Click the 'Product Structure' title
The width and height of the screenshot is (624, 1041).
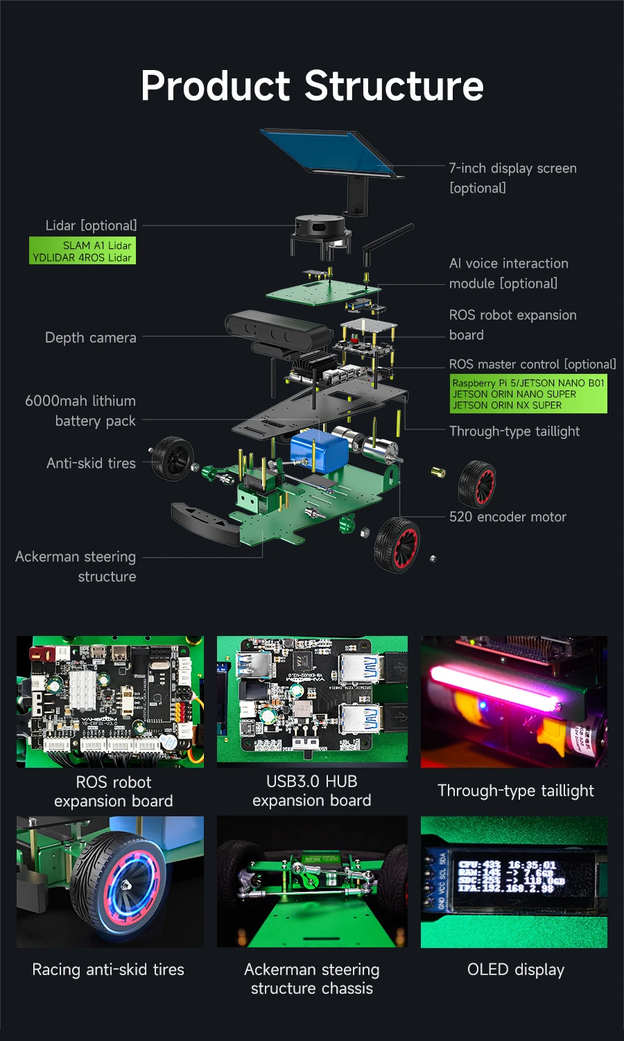click(312, 86)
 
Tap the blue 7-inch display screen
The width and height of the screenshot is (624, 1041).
click(329, 152)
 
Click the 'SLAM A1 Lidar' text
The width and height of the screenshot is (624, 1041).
click(97, 246)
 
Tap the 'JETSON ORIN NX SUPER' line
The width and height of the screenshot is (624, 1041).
click(507, 405)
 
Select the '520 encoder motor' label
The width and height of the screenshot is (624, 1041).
click(508, 517)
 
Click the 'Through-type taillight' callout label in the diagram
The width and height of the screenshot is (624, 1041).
click(514, 431)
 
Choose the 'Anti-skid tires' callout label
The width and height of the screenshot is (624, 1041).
click(91, 463)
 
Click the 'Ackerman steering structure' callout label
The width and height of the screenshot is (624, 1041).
click(76, 567)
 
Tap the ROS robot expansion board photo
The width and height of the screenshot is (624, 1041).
click(110, 701)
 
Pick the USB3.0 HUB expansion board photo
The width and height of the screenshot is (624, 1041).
click(312, 701)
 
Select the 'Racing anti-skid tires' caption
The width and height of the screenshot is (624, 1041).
click(108, 970)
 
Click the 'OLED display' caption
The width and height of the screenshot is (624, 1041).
click(516, 970)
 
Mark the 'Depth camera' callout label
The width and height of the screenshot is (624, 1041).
click(91, 338)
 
